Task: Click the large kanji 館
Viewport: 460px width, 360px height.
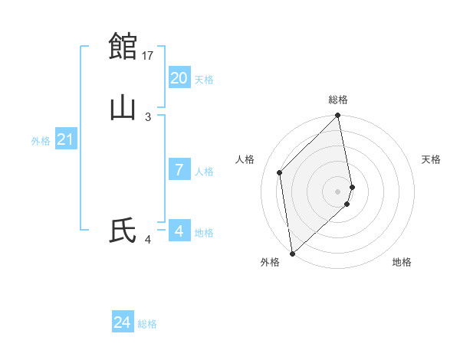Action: (x=123, y=46)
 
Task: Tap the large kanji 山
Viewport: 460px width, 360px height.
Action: (x=123, y=108)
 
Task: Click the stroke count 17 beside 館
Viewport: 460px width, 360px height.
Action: (x=149, y=55)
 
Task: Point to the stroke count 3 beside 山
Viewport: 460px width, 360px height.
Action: (x=148, y=116)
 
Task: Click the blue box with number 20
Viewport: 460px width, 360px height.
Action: (x=179, y=78)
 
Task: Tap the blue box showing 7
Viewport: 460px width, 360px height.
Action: (x=179, y=170)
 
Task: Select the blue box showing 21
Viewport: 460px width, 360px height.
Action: (x=65, y=139)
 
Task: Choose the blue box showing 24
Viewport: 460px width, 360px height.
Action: (x=122, y=322)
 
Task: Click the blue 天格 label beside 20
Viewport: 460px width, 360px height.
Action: (x=204, y=80)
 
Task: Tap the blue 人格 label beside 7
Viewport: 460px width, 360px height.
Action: (x=204, y=172)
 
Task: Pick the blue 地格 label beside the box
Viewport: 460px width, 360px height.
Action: (x=204, y=233)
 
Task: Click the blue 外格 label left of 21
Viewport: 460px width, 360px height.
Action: (x=41, y=141)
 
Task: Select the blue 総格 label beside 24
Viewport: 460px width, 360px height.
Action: (x=147, y=324)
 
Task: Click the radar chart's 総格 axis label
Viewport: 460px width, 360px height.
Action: (x=338, y=100)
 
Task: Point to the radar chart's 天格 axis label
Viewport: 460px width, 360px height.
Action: (x=432, y=159)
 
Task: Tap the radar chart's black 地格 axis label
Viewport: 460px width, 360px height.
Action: (x=402, y=262)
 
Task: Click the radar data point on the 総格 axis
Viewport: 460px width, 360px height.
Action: (x=338, y=116)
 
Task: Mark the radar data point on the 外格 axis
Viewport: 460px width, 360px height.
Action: (x=292, y=253)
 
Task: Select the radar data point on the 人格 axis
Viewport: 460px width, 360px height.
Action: (x=280, y=172)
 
